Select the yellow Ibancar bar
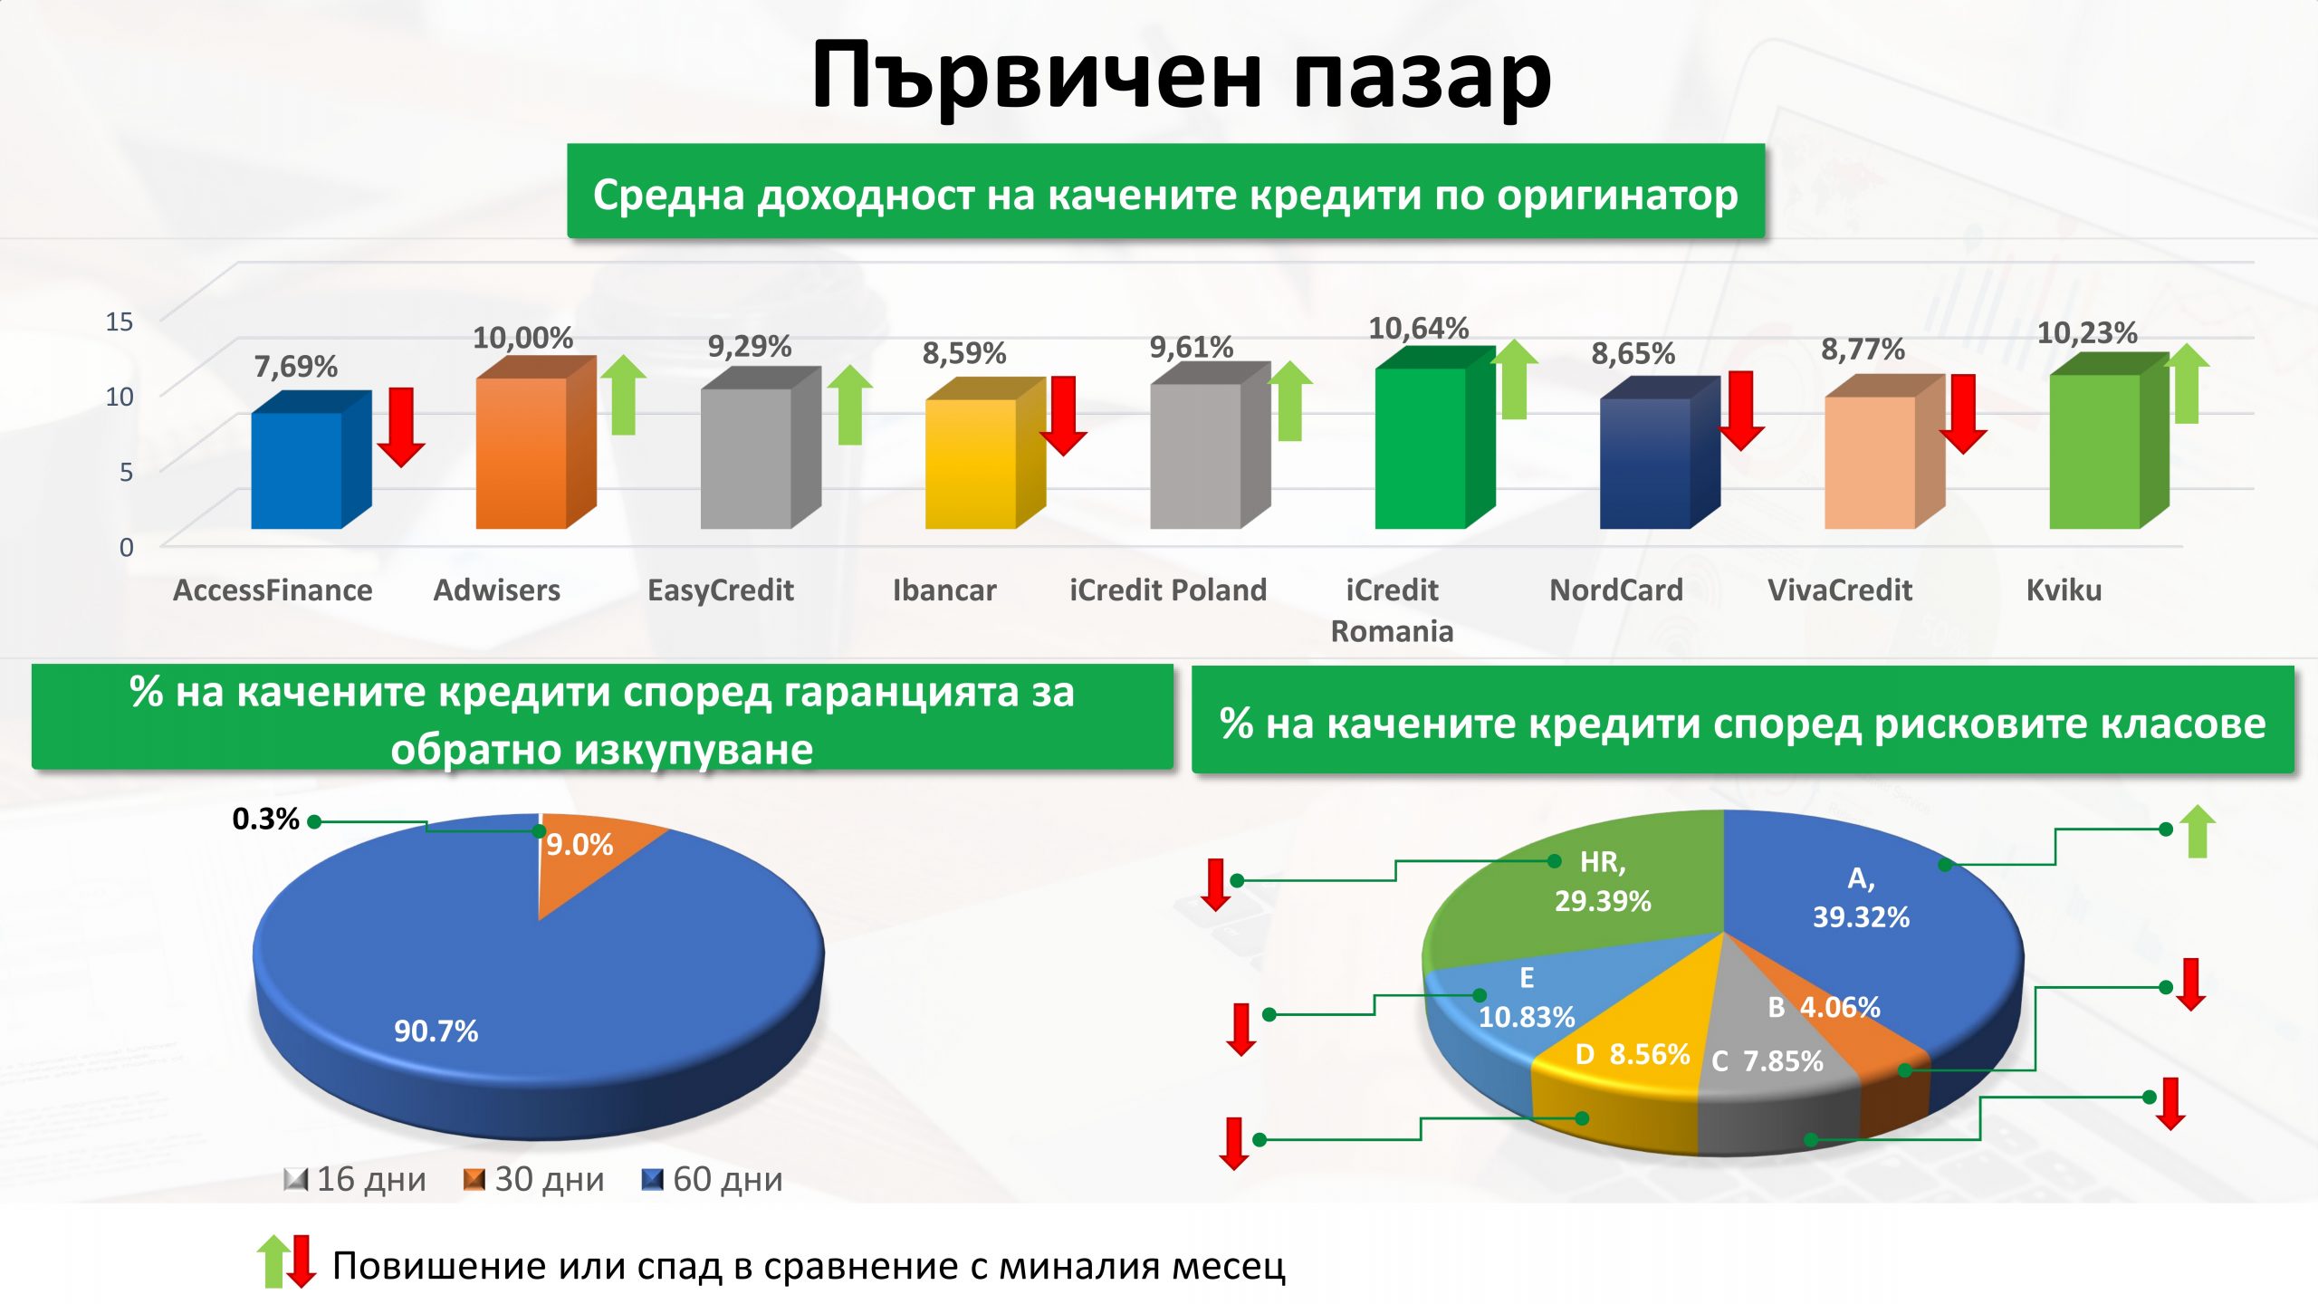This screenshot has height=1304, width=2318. (985, 453)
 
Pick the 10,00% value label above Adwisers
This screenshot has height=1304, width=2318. (523, 338)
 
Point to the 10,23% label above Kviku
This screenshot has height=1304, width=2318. (2087, 333)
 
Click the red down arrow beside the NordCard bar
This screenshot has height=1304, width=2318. (1740, 410)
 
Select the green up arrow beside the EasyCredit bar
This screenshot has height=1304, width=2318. (849, 405)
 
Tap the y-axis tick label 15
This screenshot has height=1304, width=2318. (120, 321)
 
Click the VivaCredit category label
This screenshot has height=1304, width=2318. (1840, 590)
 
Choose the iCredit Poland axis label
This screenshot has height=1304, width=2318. (1168, 590)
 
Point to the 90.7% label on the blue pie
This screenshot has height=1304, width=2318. (436, 1031)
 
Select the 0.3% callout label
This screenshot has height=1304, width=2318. (265, 819)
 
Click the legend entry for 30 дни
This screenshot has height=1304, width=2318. (533, 1179)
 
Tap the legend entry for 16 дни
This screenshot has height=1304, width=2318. (355, 1179)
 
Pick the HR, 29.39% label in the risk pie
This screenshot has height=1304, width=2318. (1603, 881)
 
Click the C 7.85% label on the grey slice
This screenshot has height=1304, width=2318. (1767, 1060)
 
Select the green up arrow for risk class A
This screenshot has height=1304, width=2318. (2198, 831)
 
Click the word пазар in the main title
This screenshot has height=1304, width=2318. (1422, 76)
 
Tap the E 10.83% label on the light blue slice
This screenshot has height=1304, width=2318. (1527, 997)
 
